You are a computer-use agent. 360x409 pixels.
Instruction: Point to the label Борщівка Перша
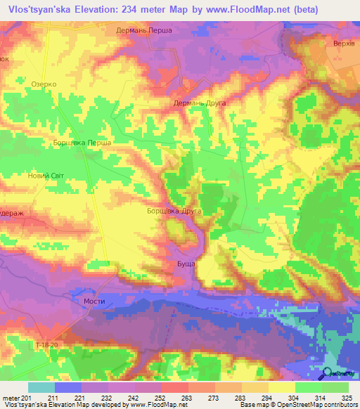(x=82, y=143)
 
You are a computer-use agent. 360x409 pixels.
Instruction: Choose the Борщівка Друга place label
(x=174, y=211)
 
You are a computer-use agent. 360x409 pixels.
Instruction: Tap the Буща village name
(x=186, y=264)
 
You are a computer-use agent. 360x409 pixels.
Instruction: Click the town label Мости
(x=94, y=301)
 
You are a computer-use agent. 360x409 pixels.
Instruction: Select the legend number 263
(x=187, y=398)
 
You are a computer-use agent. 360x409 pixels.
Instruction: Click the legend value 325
(x=347, y=398)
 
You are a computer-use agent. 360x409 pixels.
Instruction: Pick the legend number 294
(x=267, y=398)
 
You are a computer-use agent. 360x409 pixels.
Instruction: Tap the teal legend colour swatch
(x=41, y=387)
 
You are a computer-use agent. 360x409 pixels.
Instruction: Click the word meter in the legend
(x=11, y=398)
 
